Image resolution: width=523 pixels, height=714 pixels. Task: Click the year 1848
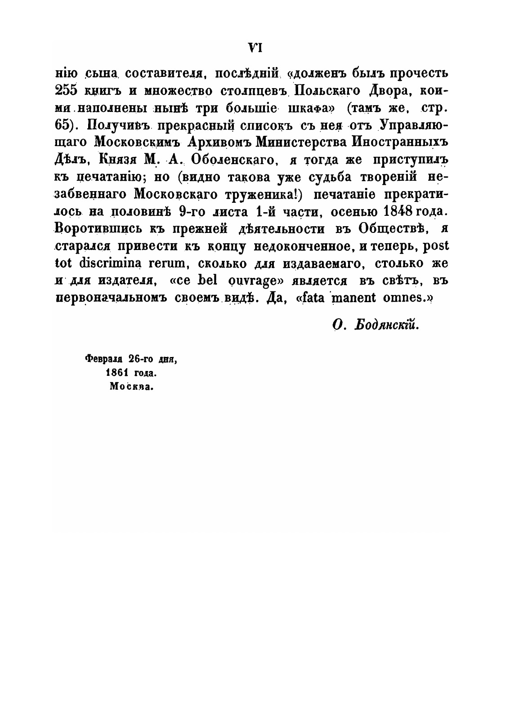[x=398, y=211]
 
